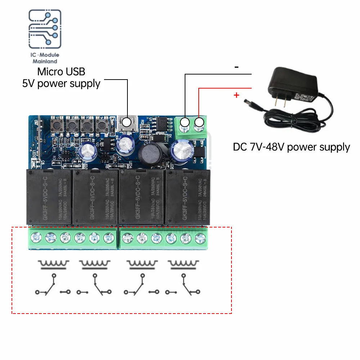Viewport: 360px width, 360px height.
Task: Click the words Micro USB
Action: pyautogui.click(x=62, y=72)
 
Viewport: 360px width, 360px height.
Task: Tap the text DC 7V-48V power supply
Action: pyautogui.click(x=291, y=147)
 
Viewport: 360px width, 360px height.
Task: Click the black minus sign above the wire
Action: pyautogui.click(x=237, y=67)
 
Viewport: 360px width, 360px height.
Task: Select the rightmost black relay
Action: pyautogui.click(x=186, y=197)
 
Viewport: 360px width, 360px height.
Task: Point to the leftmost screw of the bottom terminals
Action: pyautogui.click(x=36, y=237)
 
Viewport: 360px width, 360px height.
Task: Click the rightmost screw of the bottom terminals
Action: pyautogui.click(x=199, y=237)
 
